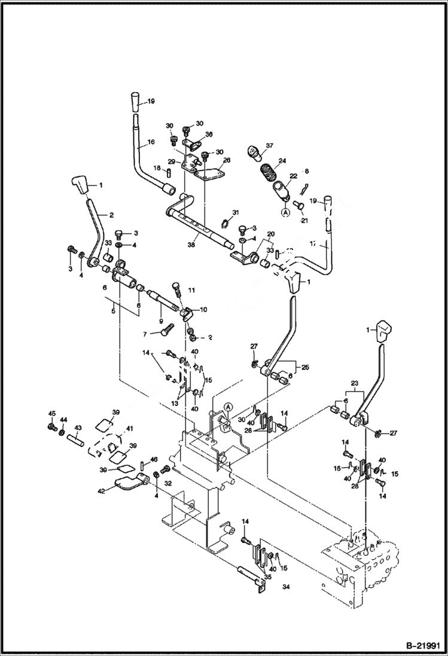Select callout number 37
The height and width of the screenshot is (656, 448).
click(269, 145)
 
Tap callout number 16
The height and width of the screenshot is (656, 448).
click(150, 143)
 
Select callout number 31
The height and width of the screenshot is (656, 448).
click(236, 213)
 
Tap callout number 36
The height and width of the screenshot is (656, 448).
click(209, 134)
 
